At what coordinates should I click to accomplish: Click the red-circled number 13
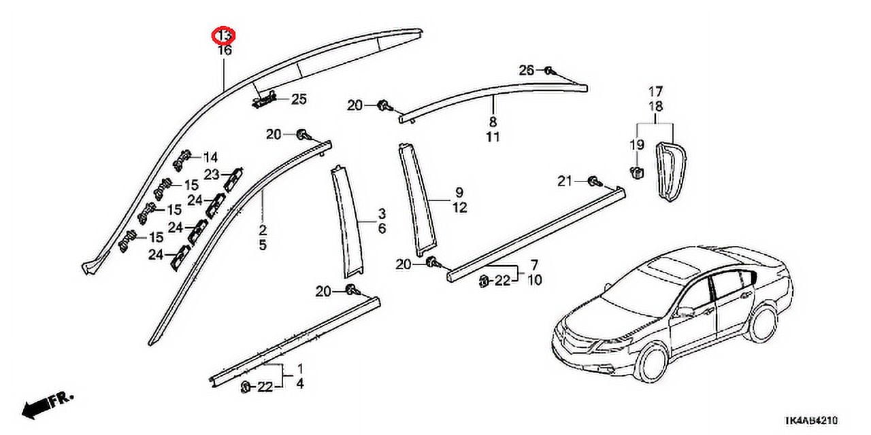(225, 35)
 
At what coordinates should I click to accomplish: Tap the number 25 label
(299, 99)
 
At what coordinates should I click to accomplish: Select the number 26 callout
(527, 70)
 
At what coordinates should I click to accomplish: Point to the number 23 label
(212, 174)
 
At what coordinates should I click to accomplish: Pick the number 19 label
(636, 145)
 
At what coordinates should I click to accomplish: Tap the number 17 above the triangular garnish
(655, 91)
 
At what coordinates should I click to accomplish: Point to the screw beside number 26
(550, 71)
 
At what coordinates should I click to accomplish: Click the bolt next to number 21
(593, 181)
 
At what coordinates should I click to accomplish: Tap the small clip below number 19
(637, 173)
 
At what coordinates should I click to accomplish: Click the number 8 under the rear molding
(493, 123)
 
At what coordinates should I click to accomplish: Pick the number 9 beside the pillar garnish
(459, 192)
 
